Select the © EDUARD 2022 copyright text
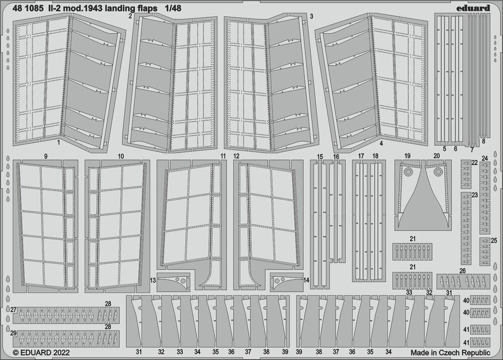41,353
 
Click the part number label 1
59,143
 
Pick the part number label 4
381,143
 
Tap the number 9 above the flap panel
46,156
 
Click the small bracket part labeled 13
174,282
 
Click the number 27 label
14,310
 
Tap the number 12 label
236,156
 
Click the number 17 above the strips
361,156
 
